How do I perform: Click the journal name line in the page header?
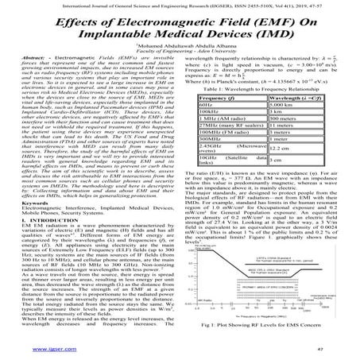(x=180, y=6)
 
